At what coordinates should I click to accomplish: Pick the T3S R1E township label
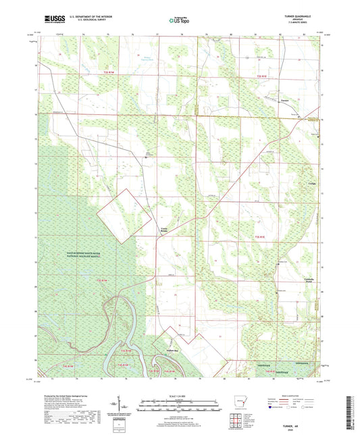[x=259, y=237]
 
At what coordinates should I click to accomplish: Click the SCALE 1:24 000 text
[x=179, y=395]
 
